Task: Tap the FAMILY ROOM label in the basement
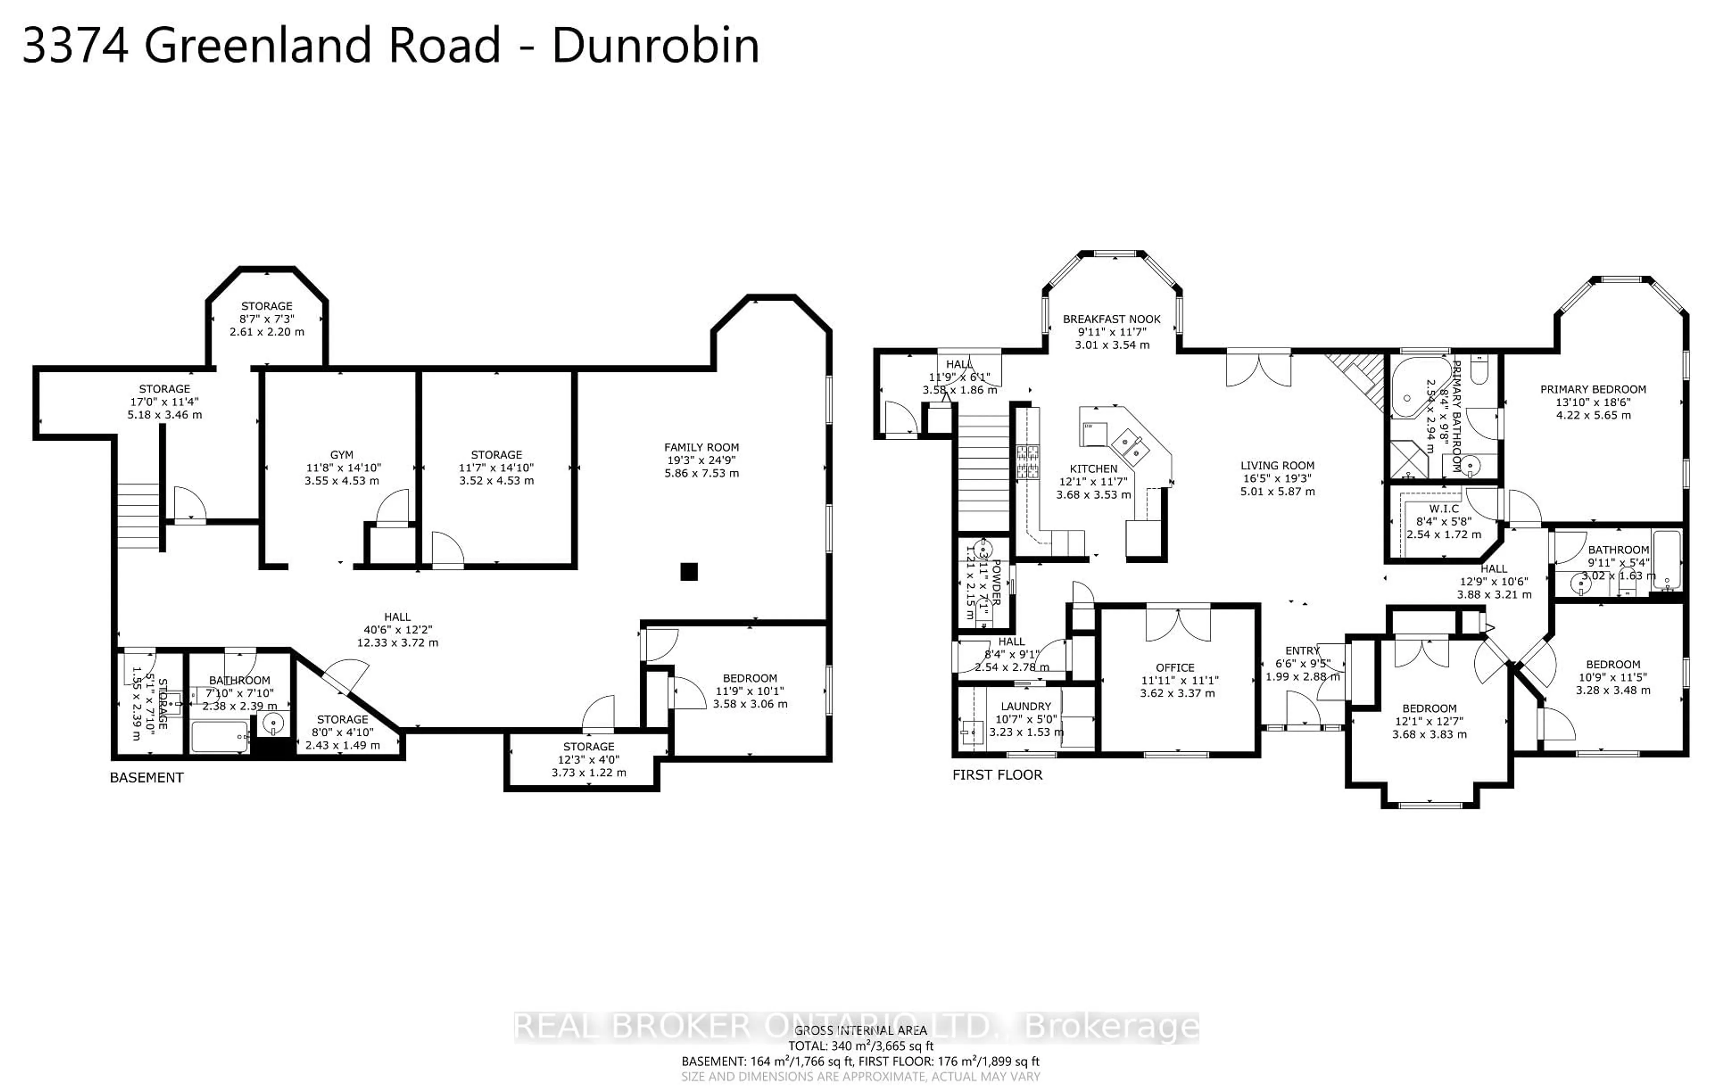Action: [701, 447]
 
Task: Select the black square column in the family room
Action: [689, 571]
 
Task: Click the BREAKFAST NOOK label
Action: [1111, 319]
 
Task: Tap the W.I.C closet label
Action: [1444, 508]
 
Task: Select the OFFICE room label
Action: [1175, 667]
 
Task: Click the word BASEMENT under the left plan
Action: [147, 777]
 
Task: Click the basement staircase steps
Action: [138, 516]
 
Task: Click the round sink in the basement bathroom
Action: [273, 725]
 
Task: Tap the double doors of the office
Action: [1177, 623]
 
